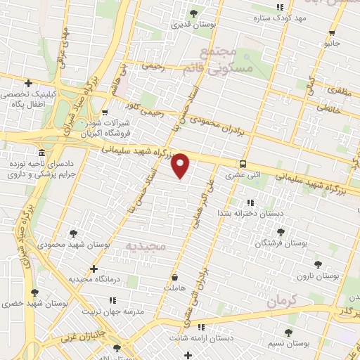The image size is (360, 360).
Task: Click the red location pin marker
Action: point(181,165)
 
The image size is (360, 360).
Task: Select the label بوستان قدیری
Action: point(192,25)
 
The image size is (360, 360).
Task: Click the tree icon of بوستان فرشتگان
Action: point(281,231)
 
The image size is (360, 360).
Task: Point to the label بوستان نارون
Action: point(318,276)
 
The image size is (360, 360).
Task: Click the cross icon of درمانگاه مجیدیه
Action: point(94,269)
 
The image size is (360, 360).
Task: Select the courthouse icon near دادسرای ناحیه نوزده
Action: point(42,153)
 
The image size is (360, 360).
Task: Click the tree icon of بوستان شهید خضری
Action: point(34,292)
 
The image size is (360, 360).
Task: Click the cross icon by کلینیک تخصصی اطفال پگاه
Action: point(28,83)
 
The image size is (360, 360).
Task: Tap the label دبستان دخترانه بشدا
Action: point(251,212)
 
